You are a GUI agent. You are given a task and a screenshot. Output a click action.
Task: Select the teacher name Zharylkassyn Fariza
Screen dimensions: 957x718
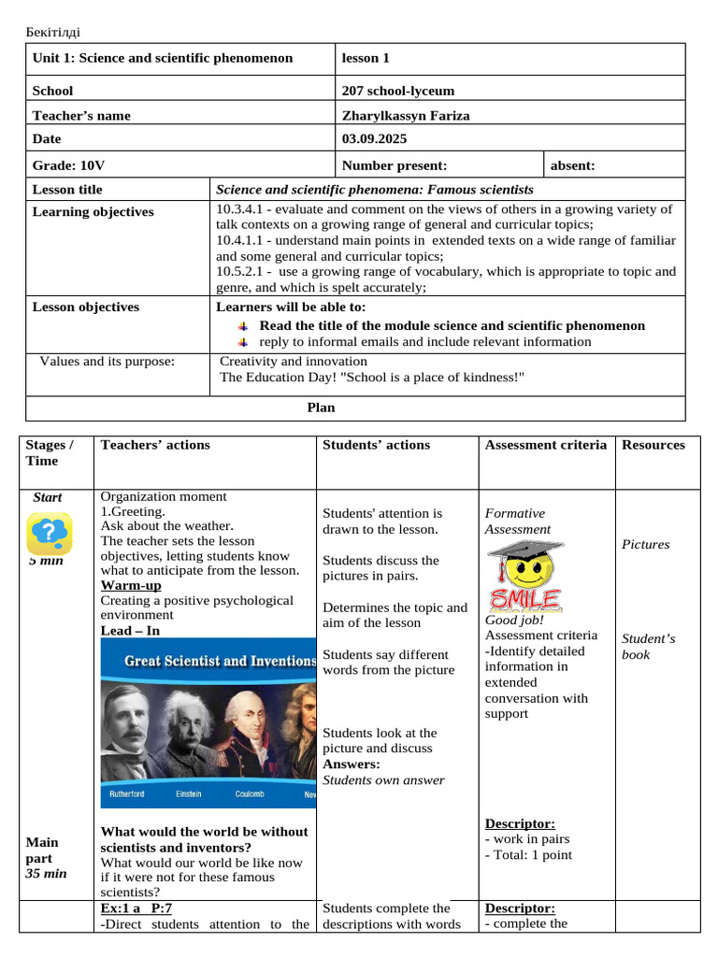pyautogui.click(x=406, y=116)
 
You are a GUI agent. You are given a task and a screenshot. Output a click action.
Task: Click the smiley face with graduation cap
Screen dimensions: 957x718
pyautogui.click(x=524, y=575)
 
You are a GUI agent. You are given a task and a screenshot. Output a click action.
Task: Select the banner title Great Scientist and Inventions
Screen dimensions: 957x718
pyautogui.click(x=220, y=662)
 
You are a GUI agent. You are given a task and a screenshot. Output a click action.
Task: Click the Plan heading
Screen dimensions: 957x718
pyautogui.click(x=321, y=407)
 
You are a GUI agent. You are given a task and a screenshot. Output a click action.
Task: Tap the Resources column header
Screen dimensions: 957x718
pyautogui.click(x=653, y=445)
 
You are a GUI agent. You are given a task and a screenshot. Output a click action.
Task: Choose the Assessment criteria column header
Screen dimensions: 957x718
pyautogui.click(x=545, y=445)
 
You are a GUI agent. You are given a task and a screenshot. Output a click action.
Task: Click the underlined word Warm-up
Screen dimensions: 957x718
pyautogui.click(x=131, y=586)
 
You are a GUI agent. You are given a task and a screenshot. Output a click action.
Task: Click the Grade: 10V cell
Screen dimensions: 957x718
pyautogui.click(x=68, y=166)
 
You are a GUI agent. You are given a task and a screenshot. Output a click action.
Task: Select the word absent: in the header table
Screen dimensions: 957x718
pyautogui.click(x=572, y=166)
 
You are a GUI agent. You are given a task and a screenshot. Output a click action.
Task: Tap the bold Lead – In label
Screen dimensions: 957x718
pyautogui.click(x=130, y=631)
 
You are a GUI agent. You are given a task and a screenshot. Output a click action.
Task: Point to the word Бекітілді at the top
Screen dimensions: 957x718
pyautogui.click(x=53, y=34)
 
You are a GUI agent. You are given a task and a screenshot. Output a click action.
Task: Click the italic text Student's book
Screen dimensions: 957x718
pyautogui.click(x=648, y=647)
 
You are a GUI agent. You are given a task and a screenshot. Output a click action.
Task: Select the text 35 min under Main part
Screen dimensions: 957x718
pyautogui.click(x=46, y=873)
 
